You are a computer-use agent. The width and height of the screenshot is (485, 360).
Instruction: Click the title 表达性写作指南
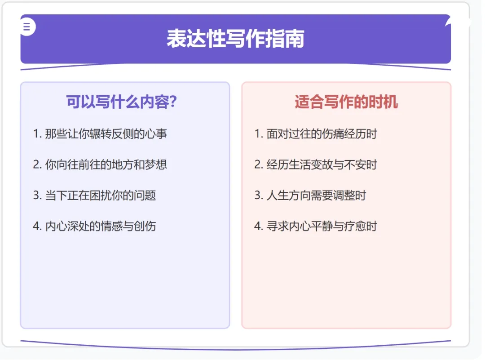click(x=235, y=39)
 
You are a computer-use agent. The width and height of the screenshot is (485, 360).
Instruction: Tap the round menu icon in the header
click(x=27, y=27)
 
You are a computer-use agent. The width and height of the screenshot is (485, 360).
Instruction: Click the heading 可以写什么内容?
click(x=121, y=102)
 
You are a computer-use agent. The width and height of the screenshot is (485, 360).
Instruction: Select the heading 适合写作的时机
click(x=346, y=102)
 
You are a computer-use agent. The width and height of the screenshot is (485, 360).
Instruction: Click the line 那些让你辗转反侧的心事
click(x=106, y=134)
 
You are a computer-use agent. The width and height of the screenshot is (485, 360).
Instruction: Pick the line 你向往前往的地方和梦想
click(x=106, y=164)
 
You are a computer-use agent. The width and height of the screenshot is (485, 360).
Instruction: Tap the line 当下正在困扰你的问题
click(x=100, y=196)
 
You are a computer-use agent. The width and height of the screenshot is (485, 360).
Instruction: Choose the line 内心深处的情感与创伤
click(x=100, y=226)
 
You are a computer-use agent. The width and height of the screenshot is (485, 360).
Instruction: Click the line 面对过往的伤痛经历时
click(x=322, y=134)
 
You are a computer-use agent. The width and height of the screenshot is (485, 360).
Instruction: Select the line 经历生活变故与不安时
click(x=322, y=164)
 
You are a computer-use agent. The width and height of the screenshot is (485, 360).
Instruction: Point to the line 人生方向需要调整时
click(x=316, y=196)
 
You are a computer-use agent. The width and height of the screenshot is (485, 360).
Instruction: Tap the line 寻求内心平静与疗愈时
click(x=322, y=226)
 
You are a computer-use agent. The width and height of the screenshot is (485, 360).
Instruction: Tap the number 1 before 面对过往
click(x=257, y=134)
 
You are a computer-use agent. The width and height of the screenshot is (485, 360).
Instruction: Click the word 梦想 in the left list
click(x=156, y=164)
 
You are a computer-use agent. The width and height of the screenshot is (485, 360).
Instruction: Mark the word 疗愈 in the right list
click(x=355, y=226)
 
